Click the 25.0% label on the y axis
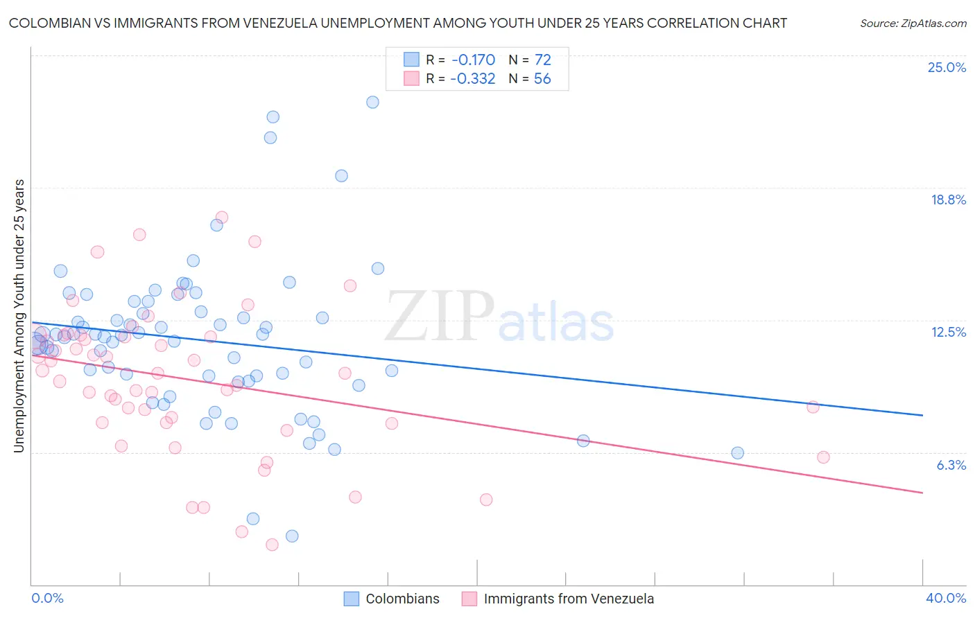pos(947,67)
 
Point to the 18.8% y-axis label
pos(948,200)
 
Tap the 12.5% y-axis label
pos(948,332)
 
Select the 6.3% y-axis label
pos(951,465)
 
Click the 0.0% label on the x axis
pos(48,598)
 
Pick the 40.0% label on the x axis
pos(945,598)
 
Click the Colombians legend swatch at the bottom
pos(352,599)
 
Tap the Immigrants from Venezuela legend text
pos(569,599)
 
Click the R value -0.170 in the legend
pos(472,60)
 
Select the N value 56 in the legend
pos(542,79)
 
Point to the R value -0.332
pos(472,79)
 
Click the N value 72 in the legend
pos(542,60)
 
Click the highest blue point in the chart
pos(372,102)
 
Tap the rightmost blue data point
pos(737,453)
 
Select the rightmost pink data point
pos(823,457)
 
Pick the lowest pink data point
pos(272,545)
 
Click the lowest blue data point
pos(292,536)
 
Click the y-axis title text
pos(19,316)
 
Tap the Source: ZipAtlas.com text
pos(913,23)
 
